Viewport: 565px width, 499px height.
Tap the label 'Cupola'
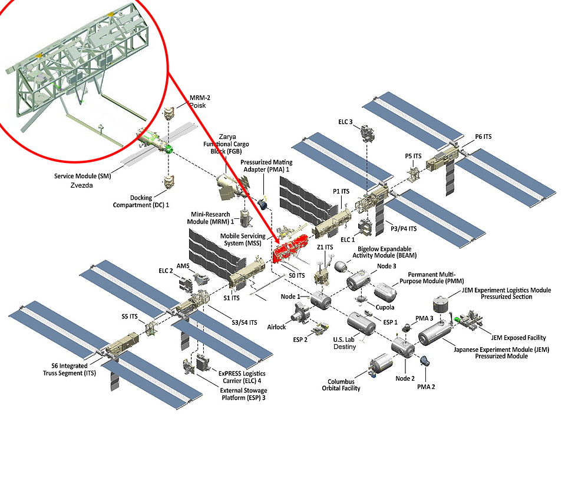(x=385, y=307)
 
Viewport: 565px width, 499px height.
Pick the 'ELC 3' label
(x=345, y=122)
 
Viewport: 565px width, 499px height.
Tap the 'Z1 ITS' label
(x=325, y=247)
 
